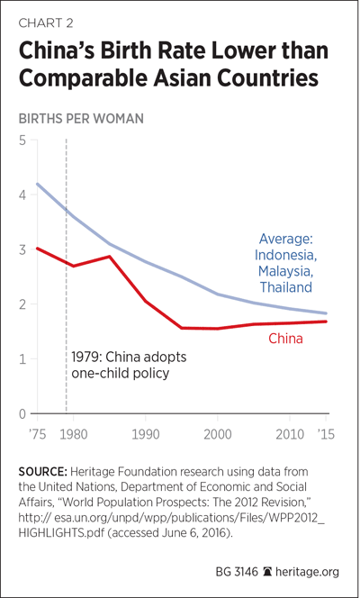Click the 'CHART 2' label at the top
point(46,23)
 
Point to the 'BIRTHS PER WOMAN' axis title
point(81,119)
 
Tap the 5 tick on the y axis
point(22,140)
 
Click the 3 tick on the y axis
point(22,249)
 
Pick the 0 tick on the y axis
point(22,413)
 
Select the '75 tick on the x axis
point(37,435)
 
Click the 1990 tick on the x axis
point(145,435)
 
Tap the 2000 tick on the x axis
point(217,435)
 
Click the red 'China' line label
point(285,339)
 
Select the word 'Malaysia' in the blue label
point(287,271)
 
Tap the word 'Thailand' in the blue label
point(285,286)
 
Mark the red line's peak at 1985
point(109,257)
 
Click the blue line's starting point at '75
point(37,184)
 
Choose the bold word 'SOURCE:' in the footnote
point(43,472)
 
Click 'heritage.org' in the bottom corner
point(308,572)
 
